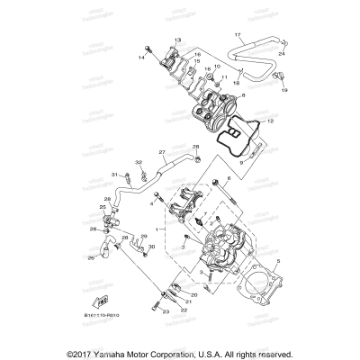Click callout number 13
(x=178, y=40)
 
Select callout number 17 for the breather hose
(x=238, y=35)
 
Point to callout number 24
(x=282, y=53)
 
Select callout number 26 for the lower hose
(x=90, y=257)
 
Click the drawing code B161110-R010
(x=104, y=317)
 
